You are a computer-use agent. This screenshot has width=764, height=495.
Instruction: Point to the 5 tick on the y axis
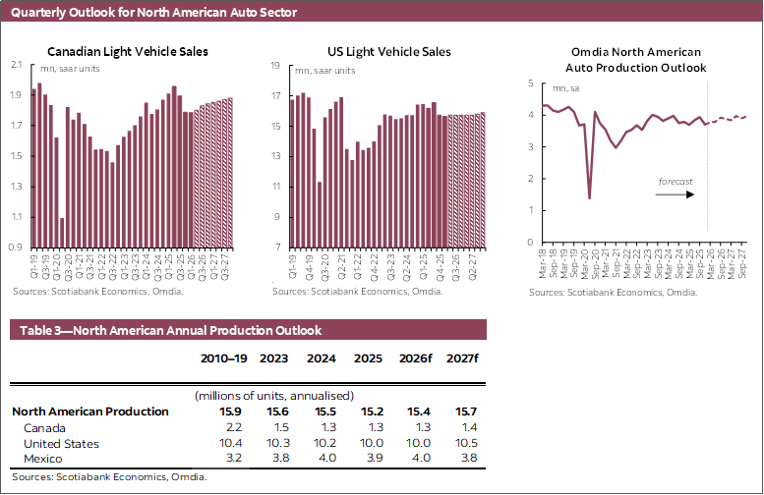(530, 83)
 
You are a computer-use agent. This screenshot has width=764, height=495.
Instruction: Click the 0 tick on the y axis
(530, 242)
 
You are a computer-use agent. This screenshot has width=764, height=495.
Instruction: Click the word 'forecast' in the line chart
(676, 182)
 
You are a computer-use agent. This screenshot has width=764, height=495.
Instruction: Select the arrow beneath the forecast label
(676, 194)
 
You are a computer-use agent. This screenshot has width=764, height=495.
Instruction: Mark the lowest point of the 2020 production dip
(589, 198)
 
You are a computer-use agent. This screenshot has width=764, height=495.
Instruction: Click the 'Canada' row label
(44, 428)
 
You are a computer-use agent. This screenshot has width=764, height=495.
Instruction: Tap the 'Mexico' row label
(43, 459)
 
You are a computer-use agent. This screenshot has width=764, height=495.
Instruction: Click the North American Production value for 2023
(275, 412)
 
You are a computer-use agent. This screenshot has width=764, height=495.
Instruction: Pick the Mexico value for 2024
(322, 459)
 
